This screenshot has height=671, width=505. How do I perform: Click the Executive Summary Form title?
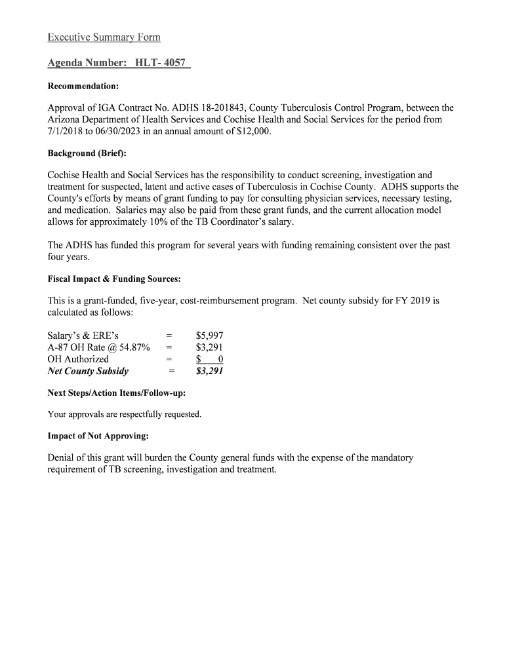click(x=104, y=37)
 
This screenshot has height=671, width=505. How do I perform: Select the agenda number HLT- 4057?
click(x=161, y=64)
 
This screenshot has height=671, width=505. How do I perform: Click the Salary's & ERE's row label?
click(x=83, y=335)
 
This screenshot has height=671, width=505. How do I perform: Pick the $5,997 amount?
click(x=209, y=335)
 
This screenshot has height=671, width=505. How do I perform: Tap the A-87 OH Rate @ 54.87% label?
click(x=98, y=347)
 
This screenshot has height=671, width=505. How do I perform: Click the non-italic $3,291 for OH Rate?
click(x=209, y=347)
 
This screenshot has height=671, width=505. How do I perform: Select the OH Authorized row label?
click(x=78, y=359)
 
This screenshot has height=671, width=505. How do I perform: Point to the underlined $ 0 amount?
click(x=210, y=359)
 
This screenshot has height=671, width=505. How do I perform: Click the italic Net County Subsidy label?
click(x=88, y=372)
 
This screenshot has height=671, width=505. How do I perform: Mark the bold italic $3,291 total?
click(x=210, y=372)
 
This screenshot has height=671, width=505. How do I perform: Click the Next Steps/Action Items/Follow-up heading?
click(x=116, y=393)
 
